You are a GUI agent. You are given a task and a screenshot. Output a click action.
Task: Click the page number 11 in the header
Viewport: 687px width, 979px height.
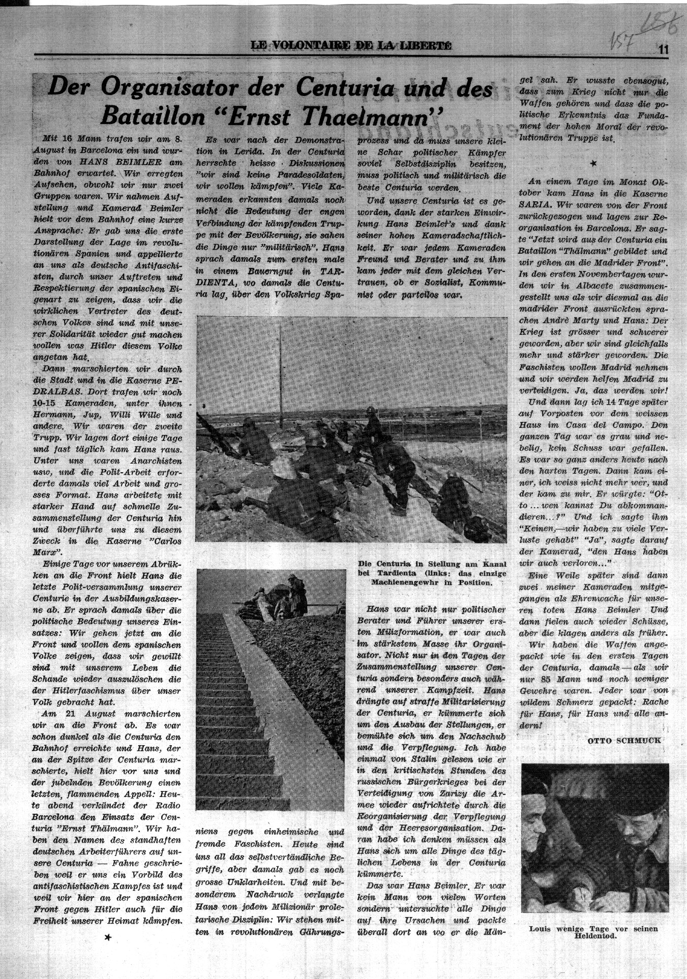[x=662, y=49]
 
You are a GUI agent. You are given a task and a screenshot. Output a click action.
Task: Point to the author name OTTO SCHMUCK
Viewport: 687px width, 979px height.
[x=625, y=740]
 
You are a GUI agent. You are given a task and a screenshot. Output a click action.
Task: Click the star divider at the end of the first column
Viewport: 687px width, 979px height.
[x=107, y=938]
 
